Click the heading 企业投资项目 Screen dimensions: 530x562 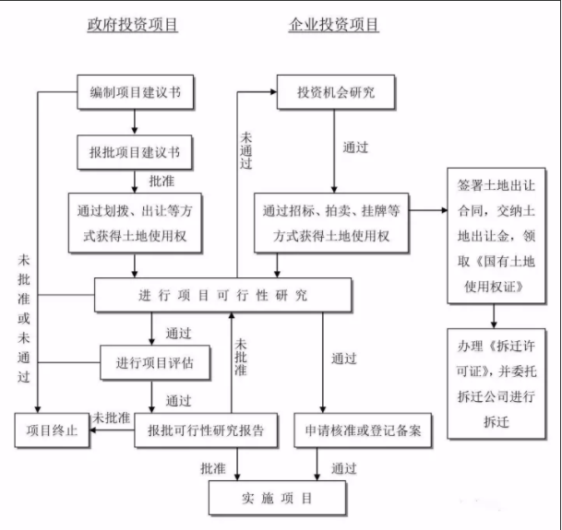pos(333,26)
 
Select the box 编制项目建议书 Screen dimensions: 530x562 pos(135,92)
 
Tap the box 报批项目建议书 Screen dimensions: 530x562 pos(135,148)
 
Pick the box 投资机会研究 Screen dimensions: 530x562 pos(335,92)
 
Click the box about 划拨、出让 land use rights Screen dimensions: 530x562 pos(135,223)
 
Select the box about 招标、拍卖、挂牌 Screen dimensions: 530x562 pos(335,223)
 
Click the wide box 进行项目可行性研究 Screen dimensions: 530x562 pos(223,295)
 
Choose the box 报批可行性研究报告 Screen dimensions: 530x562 pos(206,430)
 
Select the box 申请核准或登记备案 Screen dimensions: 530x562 pos(364,430)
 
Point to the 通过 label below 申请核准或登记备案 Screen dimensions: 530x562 pos(343,468)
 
